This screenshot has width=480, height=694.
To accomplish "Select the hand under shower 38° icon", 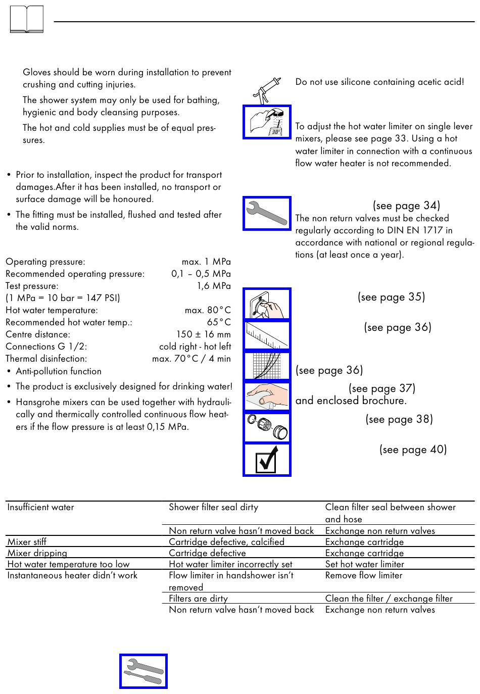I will pos(267,122).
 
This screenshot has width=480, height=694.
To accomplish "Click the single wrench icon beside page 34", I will pos(267,213).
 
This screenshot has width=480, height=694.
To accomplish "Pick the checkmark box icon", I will pos(267,460).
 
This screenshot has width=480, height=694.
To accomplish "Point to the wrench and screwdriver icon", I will pos(143,671).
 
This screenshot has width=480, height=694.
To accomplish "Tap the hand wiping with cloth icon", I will pos(267,396).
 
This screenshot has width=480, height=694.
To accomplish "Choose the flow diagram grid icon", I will pos(267,366).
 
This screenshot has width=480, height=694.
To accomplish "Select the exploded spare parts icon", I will pos(267,428).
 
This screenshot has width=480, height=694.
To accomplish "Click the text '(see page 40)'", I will pos(413,450).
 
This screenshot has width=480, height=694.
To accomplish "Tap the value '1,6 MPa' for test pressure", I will pos(214,286).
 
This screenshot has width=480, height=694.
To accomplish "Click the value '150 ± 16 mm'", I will pos(203,334).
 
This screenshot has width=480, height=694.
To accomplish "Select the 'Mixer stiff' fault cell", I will pos(27,542).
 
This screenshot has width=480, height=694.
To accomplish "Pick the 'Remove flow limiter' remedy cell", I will pos(364,575).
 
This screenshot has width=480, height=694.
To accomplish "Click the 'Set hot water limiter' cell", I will pos(364,564).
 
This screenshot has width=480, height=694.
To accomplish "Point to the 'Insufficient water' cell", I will pos(40,507).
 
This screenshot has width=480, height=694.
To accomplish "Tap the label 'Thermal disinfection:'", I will pos(46,359).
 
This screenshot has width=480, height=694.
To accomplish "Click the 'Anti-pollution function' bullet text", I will pos(59,371).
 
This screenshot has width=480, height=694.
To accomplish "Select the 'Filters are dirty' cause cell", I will pos(198,599).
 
